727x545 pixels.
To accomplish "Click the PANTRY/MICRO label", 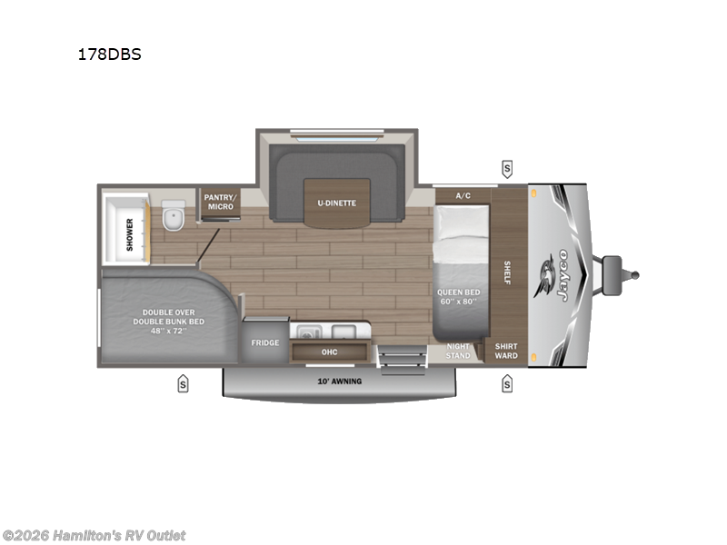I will coord(219,202).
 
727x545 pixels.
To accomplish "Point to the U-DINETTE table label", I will coord(336,203).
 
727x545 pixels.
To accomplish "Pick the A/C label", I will coord(463,195).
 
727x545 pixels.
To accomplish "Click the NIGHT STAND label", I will coord(459,351).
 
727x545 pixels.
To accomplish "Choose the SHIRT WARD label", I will coord(506,351).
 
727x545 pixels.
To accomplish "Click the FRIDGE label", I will coord(265,343).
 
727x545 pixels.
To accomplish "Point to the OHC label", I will coord(329,352).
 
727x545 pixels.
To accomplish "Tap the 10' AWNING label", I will coord(339,381).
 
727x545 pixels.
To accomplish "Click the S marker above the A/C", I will coord(506,168).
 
